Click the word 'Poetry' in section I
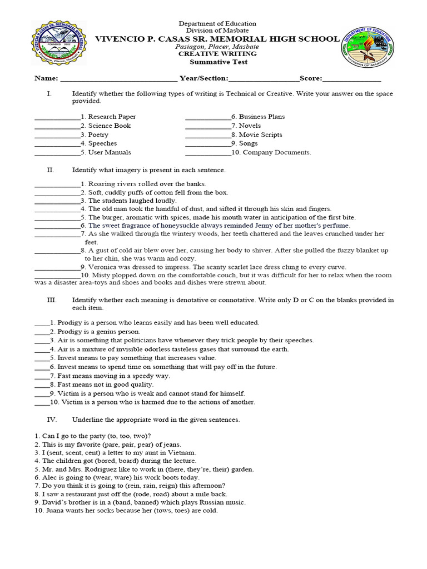(98, 134)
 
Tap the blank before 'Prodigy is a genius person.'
(42, 332)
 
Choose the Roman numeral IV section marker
(51, 420)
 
